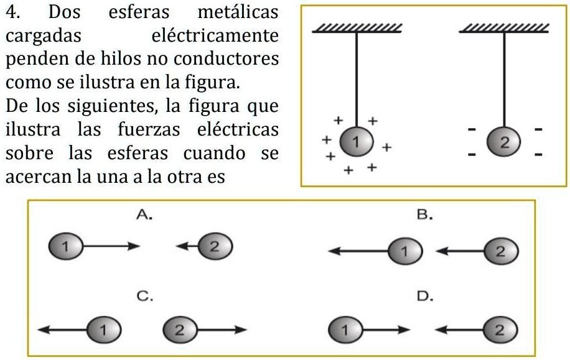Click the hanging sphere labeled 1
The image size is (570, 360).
(357, 142)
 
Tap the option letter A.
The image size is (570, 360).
(144, 215)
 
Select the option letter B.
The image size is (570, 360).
(424, 215)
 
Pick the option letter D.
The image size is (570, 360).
(424, 296)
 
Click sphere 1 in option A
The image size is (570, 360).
(67, 246)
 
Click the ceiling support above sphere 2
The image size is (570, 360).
(504, 27)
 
